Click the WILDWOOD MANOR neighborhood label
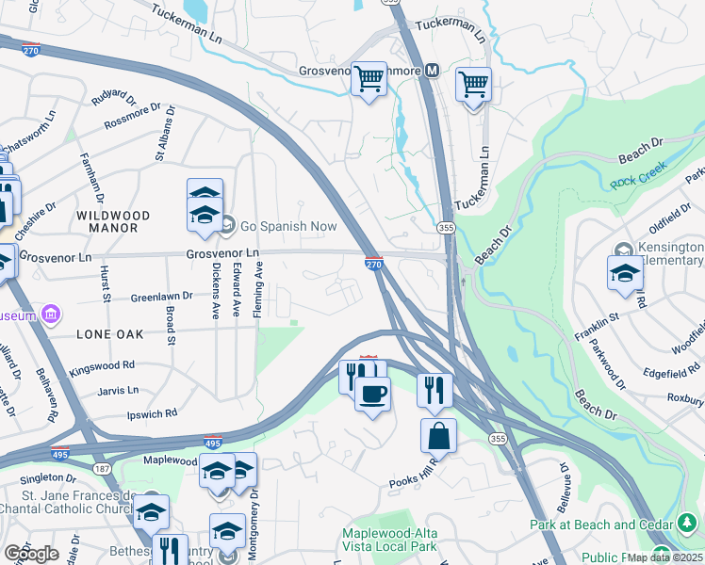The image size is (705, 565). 107,221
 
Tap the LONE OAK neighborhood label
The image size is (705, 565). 106,333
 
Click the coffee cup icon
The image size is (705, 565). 372,393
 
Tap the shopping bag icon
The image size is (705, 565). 438,435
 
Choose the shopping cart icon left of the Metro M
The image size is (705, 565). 369,79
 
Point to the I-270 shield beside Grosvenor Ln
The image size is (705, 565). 373,266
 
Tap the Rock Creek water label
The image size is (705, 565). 638,176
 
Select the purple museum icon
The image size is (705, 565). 51,314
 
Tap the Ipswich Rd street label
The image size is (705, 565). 152,412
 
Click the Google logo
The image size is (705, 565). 30,554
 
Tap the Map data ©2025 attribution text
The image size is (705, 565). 664,557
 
